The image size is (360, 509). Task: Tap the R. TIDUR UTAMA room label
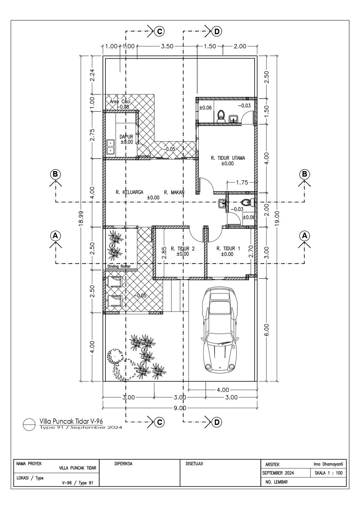click(x=228, y=158)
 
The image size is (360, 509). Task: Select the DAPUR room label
click(x=126, y=137)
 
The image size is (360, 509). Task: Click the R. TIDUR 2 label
click(x=182, y=249)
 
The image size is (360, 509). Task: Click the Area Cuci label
click(x=120, y=102)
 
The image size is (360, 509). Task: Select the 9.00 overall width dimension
click(x=180, y=408)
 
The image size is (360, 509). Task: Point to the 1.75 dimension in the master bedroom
click(x=242, y=182)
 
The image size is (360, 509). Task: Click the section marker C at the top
click(x=159, y=31)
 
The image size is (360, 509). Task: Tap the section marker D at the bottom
click(x=217, y=422)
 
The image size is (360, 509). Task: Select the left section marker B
click(x=55, y=174)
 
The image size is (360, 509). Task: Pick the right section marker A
click(x=304, y=235)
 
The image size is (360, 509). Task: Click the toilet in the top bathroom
click(x=221, y=115)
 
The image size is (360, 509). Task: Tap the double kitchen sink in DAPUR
click(x=111, y=147)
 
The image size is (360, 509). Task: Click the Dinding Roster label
click(x=119, y=267)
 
